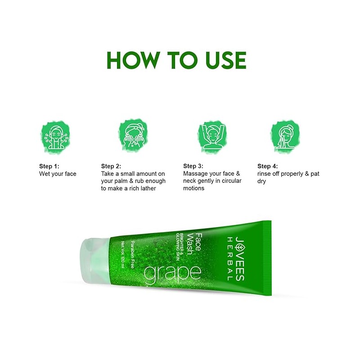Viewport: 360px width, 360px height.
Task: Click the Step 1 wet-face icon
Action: click(55, 137)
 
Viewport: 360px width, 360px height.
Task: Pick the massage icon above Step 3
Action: click(212, 137)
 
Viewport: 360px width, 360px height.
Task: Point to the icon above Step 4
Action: click(285, 136)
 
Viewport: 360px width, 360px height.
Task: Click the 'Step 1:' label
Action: click(49, 166)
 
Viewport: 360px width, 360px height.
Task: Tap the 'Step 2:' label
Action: click(111, 166)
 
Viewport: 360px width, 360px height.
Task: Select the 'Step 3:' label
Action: click(193, 166)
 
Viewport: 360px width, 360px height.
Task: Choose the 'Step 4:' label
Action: click(267, 166)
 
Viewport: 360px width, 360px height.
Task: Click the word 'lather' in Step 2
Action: click(148, 188)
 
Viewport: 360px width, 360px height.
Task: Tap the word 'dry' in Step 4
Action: click(261, 181)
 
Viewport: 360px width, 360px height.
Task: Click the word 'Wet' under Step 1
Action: click(44, 174)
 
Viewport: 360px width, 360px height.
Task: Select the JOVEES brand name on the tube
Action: click(240, 259)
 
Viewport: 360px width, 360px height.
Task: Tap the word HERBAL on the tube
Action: click(230, 259)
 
